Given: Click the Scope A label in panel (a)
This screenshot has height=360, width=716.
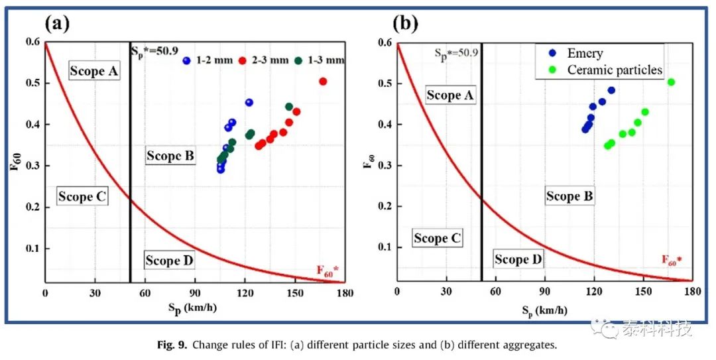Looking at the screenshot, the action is point(95,71).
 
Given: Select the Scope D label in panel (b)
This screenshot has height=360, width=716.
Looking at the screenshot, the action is point(518,259).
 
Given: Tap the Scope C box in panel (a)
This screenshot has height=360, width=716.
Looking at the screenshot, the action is point(82,196).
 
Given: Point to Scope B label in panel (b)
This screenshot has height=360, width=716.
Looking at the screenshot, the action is point(569,196).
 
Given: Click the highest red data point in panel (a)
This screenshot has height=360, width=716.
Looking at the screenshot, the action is point(323,82).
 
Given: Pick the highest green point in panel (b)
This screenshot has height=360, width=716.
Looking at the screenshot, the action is point(671,82).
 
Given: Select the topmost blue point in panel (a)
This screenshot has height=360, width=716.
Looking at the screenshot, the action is point(249,102).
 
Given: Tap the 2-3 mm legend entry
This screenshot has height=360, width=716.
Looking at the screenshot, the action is point(264,60).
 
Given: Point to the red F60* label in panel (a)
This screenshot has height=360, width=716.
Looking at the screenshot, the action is point(328,270).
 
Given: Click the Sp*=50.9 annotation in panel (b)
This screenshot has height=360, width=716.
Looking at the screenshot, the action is point(455,52).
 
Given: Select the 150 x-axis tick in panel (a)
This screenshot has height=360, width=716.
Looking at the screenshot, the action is point(295,293).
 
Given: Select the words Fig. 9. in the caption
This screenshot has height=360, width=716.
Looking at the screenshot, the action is point(174,345).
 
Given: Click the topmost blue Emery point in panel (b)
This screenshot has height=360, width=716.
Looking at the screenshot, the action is point(611,90).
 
